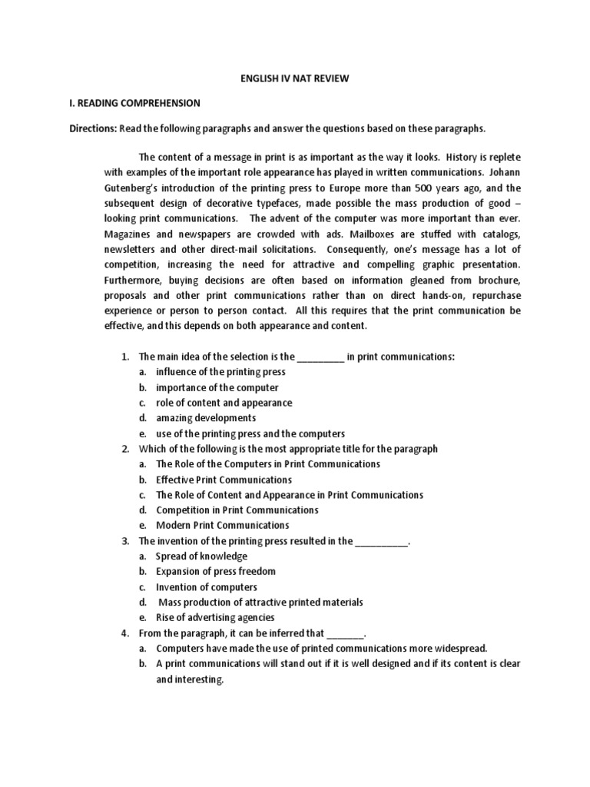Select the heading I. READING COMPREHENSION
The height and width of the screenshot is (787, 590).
[134, 102]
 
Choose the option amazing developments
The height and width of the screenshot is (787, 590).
[206, 418]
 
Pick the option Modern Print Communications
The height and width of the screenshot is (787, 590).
[222, 526]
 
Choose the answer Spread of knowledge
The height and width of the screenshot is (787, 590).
[201, 556]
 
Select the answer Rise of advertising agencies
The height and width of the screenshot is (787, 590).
[214, 617]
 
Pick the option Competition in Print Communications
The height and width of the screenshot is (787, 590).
[237, 510]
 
